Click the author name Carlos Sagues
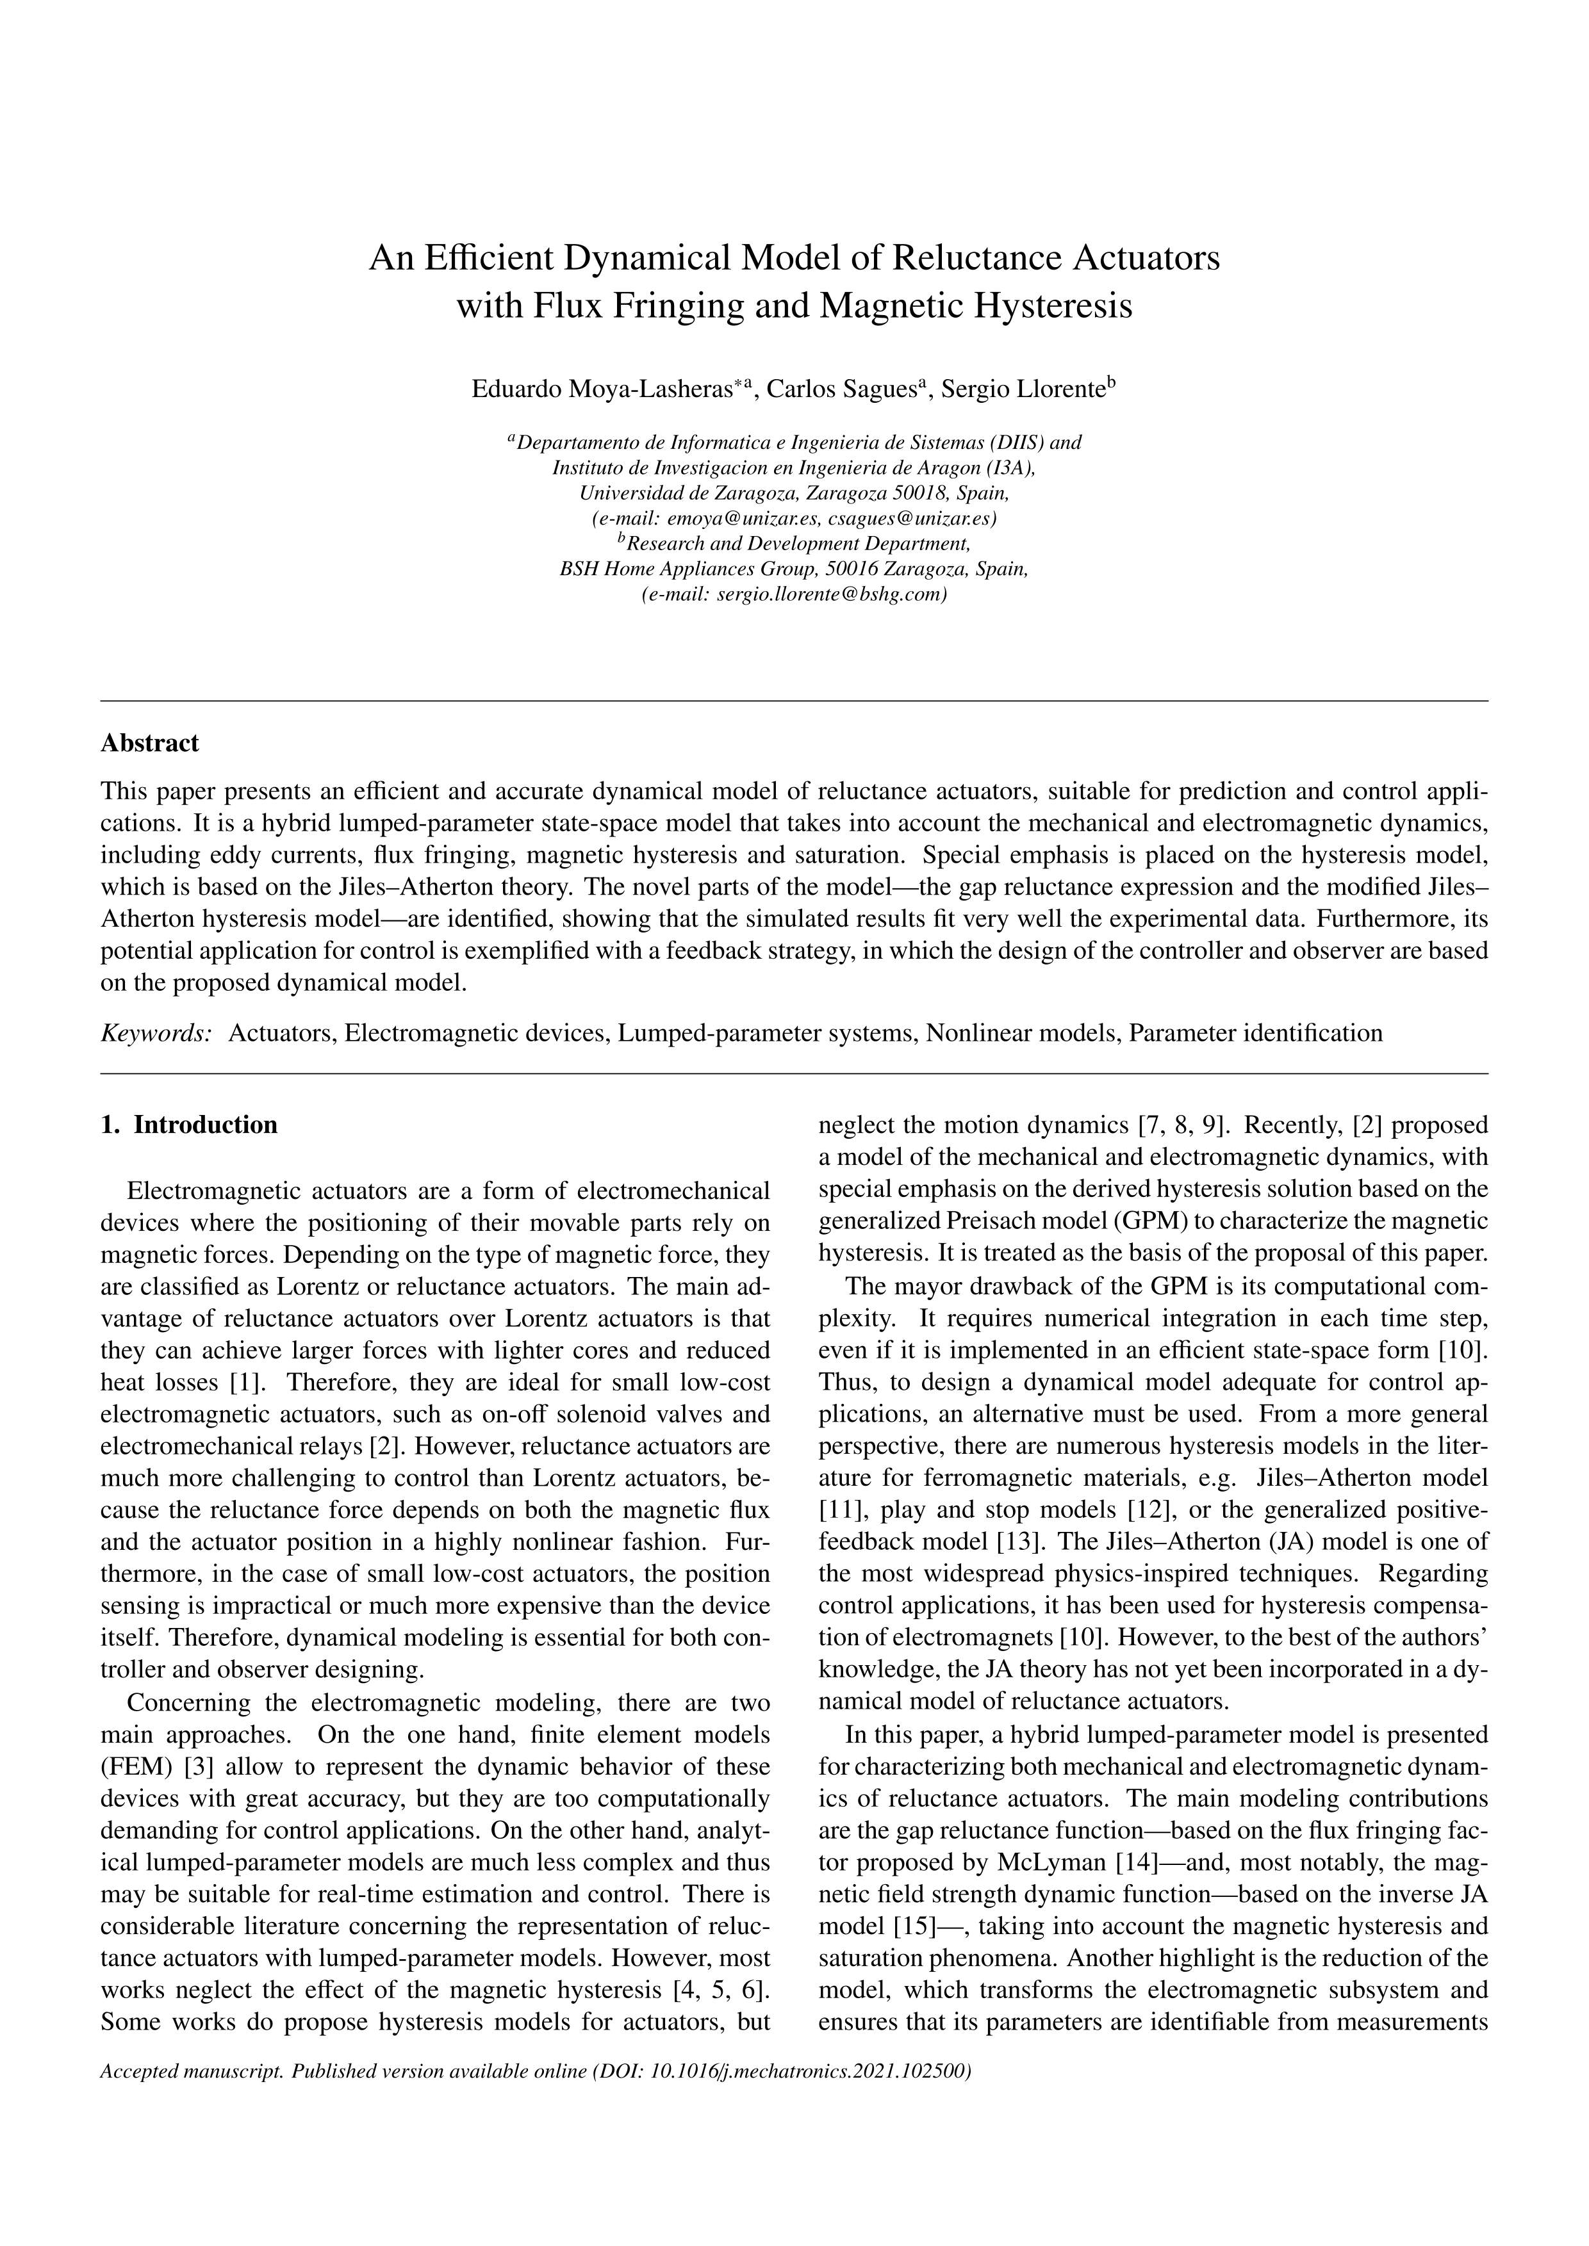tap(841, 389)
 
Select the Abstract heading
tap(150, 744)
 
